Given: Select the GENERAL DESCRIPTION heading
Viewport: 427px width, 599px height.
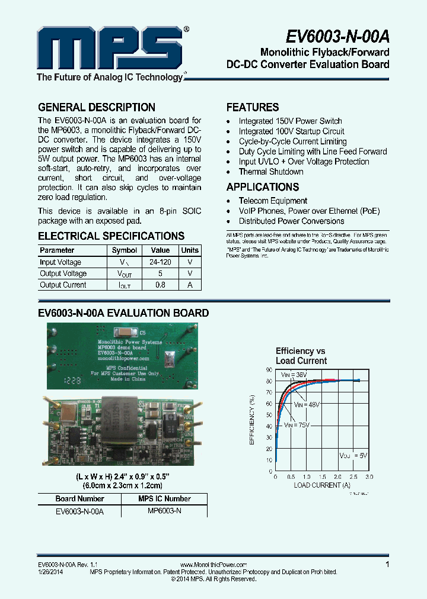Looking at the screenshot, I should pyautogui.click(x=97, y=107).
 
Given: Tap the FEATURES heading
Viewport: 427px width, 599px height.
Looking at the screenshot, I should pyautogui.click(x=253, y=107).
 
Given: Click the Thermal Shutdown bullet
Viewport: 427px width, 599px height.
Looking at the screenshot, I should pyautogui.click(x=271, y=172).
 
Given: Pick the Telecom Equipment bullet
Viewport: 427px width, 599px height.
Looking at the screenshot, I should pyautogui.click(x=273, y=201).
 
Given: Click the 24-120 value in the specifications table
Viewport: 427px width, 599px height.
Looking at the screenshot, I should pyautogui.click(x=160, y=262).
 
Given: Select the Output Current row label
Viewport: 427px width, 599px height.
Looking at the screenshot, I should pyautogui.click(x=63, y=285).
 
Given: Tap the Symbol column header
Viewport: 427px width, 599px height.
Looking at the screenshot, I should pyautogui.click(x=125, y=250).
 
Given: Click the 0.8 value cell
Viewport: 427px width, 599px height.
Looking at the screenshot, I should pyautogui.click(x=160, y=285).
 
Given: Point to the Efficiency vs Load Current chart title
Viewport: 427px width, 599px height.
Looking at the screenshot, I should pyautogui.click(x=301, y=356).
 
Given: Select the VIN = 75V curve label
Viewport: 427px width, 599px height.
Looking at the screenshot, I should pyautogui.click(x=296, y=425).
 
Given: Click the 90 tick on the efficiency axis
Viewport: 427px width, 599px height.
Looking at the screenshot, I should pyautogui.click(x=269, y=369).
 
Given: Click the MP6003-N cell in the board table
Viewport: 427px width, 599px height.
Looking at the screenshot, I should pyautogui.click(x=164, y=510).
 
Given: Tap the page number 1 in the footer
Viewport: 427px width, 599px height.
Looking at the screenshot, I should pyautogui.click(x=387, y=565).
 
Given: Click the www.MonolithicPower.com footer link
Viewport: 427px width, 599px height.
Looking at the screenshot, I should pyautogui.click(x=213, y=565).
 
